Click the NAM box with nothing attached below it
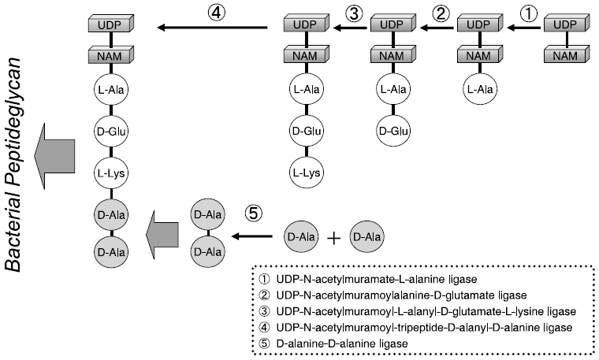(565, 56)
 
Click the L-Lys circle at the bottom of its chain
(305, 171)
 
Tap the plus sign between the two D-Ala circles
(333, 236)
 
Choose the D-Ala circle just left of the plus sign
(299, 236)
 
